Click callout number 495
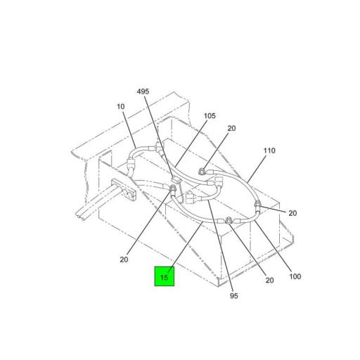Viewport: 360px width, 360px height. [143, 91]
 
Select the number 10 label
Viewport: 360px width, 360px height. [121, 107]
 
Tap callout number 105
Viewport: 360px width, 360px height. [210, 116]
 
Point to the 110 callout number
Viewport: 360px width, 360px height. [269, 150]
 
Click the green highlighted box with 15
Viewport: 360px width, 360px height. [165, 276]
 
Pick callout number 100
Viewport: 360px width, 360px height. [295, 276]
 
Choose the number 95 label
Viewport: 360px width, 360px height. [234, 296]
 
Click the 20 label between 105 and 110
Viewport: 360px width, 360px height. [231, 129]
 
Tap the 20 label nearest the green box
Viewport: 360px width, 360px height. [124, 259]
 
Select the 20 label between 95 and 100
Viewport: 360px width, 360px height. [269, 281]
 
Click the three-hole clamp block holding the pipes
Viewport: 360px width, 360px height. [124, 190]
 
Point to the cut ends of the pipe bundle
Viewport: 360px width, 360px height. [80, 217]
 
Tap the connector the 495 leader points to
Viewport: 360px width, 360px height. [176, 180]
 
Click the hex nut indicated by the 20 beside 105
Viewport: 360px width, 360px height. [201, 172]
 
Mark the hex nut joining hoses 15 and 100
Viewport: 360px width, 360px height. [228, 221]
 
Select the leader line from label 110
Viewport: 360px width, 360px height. [257, 169]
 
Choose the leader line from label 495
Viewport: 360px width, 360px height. [159, 136]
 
